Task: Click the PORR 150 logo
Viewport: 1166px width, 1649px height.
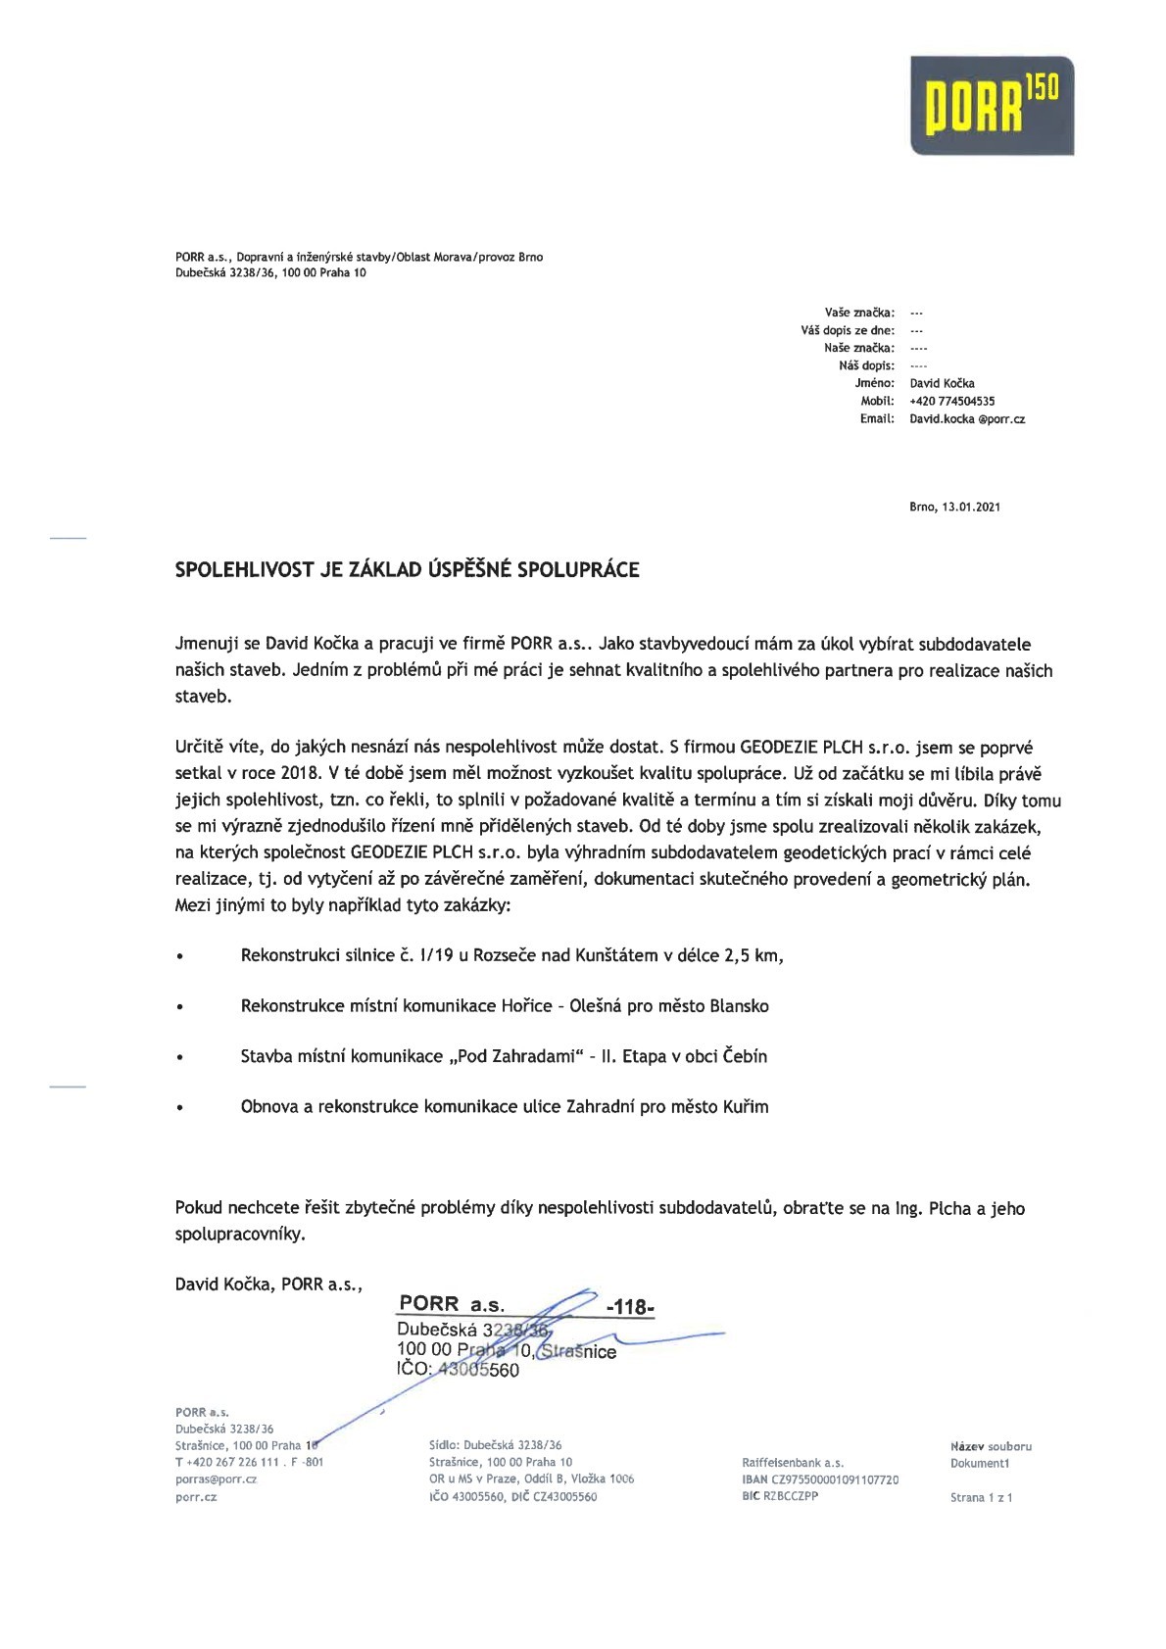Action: (992, 105)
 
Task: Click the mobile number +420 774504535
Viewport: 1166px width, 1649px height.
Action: (951, 401)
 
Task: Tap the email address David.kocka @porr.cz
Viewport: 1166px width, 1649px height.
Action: (966, 418)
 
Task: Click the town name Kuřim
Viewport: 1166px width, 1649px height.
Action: (746, 1107)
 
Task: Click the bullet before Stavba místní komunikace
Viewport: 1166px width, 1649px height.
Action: (179, 1058)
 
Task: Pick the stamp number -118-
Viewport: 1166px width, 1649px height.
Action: (630, 1307)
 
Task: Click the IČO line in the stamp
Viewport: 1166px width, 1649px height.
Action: (458, 1370)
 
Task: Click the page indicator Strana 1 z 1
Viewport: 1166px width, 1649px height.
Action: (981, 1497)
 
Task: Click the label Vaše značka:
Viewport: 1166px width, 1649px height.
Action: (859, 313)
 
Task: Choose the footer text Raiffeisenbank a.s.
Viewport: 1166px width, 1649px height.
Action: (793, 1463)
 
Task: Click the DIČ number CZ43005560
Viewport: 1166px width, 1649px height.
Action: (564, 1497)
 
